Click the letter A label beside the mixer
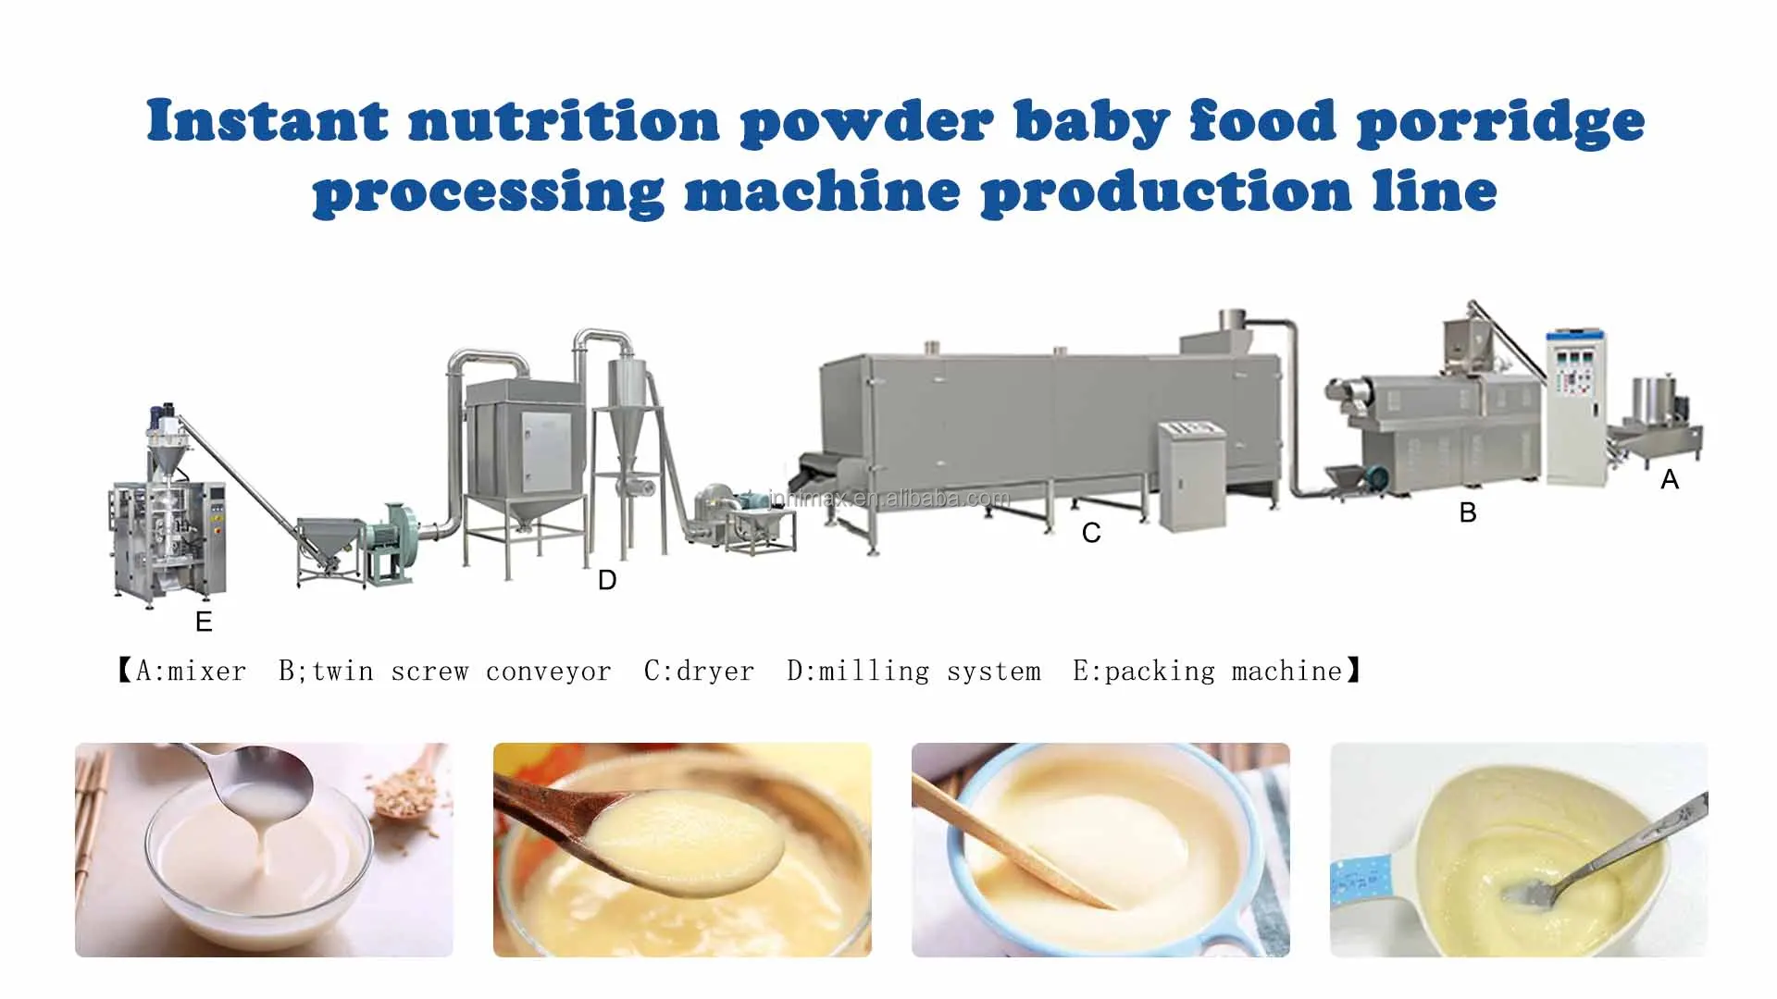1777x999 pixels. point(1670,479)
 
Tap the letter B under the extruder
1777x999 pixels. point(1468,512)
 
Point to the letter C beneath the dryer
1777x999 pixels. point(1091,533)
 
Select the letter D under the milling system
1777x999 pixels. point(607,580)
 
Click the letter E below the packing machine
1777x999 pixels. point(205,622)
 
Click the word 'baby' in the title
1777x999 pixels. point(1091,122)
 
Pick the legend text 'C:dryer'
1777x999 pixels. point(699,671)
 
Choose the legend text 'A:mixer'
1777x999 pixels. point(192,671)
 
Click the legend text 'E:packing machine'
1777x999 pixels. point(1207,671)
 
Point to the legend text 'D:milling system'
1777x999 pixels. point(913,671)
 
